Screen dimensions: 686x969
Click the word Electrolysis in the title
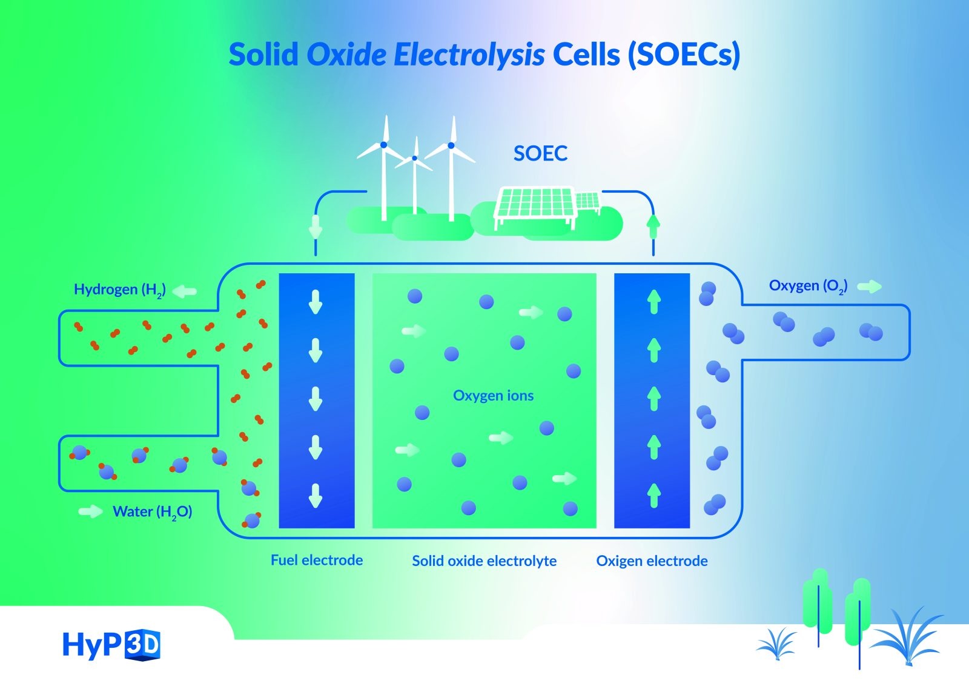point(469,55)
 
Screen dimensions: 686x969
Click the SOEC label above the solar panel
point(540,153)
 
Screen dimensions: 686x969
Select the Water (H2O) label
point(152,512)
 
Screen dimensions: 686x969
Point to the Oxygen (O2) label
point(808,286)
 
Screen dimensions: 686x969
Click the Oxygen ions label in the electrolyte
point(493,396)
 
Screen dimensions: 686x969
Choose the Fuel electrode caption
point(317,560)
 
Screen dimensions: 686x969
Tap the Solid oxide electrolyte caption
point(484,561)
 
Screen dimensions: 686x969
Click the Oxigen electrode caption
point(652,561)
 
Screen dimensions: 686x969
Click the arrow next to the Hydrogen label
point(185,291)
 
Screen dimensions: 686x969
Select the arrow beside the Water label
point(91,512)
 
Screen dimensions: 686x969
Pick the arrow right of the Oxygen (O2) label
point(870,286)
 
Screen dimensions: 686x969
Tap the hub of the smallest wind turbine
point(415,158)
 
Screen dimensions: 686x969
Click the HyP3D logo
point(111,645)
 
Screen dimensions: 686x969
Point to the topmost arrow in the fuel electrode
point(315,301)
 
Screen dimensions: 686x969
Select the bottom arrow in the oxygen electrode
point(653,495)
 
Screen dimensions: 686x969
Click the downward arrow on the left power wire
point(316,227)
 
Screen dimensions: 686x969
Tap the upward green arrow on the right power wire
point(653,225)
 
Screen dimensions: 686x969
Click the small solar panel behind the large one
point(587,201)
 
